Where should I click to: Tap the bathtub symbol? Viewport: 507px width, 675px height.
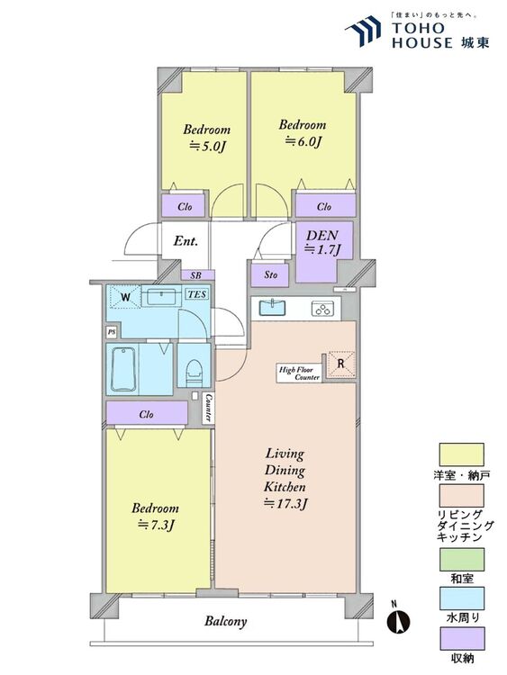[123, 368]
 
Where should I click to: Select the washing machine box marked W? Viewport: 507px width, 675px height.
[124, 297]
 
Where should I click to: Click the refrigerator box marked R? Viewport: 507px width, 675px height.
[340, 364]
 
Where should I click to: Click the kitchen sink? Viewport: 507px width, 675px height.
[272, 308]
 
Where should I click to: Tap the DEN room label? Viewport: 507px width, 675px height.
[321, 236]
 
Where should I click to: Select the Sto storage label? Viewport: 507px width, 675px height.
[270, 274]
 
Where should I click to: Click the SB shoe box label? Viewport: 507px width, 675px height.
[195, 276]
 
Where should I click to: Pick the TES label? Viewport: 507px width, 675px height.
[197, 294]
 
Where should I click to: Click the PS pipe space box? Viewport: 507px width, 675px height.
[112, 332]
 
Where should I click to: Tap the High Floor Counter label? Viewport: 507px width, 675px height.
[300, 373]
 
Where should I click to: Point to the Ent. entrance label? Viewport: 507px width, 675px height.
[186, 241]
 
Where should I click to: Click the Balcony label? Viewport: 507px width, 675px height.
[226, 622]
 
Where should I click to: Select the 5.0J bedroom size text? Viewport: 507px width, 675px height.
[208, 147]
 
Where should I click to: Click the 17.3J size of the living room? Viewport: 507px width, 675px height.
[285, 503]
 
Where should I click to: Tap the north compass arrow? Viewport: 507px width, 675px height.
[398, 622]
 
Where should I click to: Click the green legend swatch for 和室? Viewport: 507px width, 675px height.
[461, 559]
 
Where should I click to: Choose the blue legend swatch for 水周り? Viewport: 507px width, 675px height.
[461, 598]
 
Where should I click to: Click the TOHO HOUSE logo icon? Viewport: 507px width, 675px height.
[363, 31]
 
